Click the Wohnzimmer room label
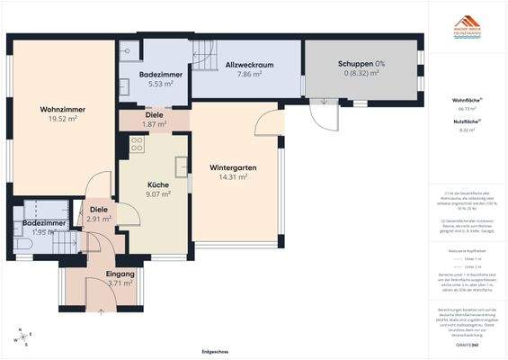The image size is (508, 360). click(x=62, y=110)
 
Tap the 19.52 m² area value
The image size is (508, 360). click(x=62, y=119)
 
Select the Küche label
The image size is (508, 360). click(x=158, y=184)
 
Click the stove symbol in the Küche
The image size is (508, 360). click(x=138, y=143)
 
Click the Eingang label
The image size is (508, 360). click(x=120, y=274)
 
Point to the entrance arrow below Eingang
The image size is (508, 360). click(x=101, y=310)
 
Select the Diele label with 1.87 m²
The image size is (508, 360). click(x=155, y=114)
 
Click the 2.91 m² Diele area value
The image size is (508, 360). click(x=99, y=219)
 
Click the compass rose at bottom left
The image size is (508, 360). click(x=21, y=337)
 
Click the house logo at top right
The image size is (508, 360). click(x=466, y=22)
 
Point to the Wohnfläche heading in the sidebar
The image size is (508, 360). click(x=465, y=100)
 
